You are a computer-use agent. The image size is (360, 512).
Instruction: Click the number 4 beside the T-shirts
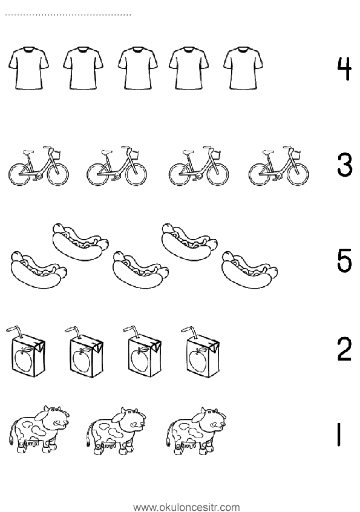(x=344, y=69)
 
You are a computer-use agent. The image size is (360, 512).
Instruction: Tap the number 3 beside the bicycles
(x=345, y=165)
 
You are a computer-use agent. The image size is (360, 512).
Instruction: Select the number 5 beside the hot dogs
(x=345, y=260)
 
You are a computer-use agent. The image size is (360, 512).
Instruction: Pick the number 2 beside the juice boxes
(x=344, y=349)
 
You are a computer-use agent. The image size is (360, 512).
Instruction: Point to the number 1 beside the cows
(x=339, y=435)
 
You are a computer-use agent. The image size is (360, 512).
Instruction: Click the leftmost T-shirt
(x=28, y=68)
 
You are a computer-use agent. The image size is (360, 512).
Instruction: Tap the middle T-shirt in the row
(x=138, y=68)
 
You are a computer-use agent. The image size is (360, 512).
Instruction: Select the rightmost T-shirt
(x=243, y=68)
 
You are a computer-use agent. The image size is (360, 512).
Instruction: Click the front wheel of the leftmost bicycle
(x=57, y=174)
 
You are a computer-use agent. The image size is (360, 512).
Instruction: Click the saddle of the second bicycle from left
(x=106, y=152)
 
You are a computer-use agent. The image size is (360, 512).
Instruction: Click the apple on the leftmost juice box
(x=24, y=358)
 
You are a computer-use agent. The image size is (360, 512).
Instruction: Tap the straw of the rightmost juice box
(x=190, y=333)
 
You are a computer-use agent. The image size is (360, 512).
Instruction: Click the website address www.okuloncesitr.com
(x=187, y=507)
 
